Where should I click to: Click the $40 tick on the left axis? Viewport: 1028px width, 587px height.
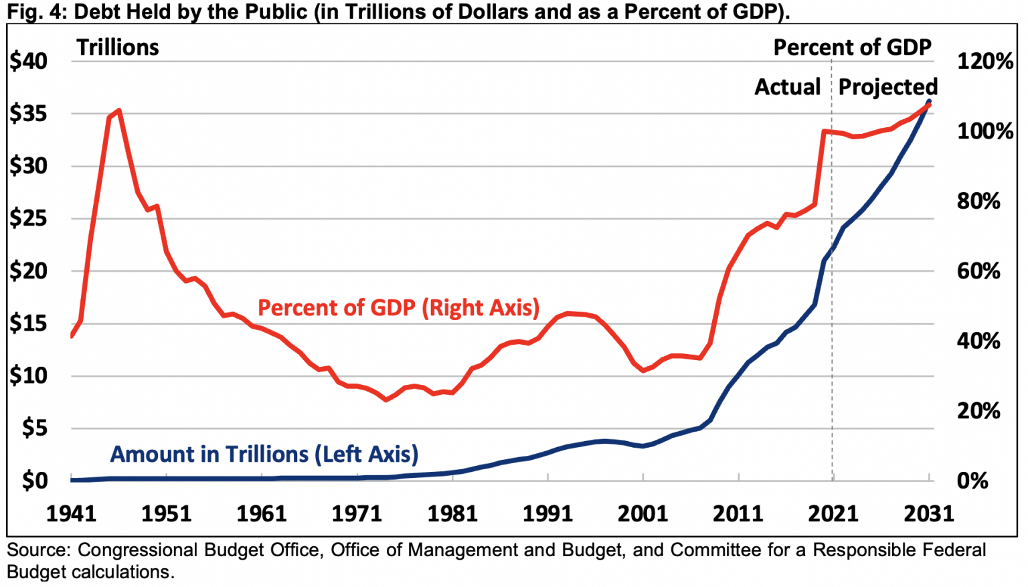pos(29,62)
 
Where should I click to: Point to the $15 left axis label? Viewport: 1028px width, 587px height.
pos(29,324)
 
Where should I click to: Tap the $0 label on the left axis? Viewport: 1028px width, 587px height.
pos(35,481)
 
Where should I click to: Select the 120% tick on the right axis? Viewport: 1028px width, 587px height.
pos(984,62)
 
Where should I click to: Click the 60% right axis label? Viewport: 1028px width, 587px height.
pos(978,271)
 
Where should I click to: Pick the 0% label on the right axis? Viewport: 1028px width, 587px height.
pos(972,481)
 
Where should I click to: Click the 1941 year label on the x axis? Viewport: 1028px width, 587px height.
pos(71,513)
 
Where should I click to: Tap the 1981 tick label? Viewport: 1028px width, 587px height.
pos(452,513)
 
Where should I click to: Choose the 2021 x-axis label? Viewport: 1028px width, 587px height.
pos(833,513)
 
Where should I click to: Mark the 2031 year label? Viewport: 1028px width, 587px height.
pos(928,513)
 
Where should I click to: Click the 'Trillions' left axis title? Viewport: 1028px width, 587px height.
pos(118,48)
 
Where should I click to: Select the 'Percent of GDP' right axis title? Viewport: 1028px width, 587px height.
pos(852,48)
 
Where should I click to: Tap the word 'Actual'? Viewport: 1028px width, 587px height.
pos(788,87)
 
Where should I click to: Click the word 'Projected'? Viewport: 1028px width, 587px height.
pos(887,87)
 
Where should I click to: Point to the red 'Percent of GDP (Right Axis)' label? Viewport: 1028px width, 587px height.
pos(398,307)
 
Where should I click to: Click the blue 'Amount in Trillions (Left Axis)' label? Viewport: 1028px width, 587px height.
pos(264,454)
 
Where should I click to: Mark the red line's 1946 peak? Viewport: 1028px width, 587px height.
pos(118,110)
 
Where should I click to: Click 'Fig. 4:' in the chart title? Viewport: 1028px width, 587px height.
pos(36,12)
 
